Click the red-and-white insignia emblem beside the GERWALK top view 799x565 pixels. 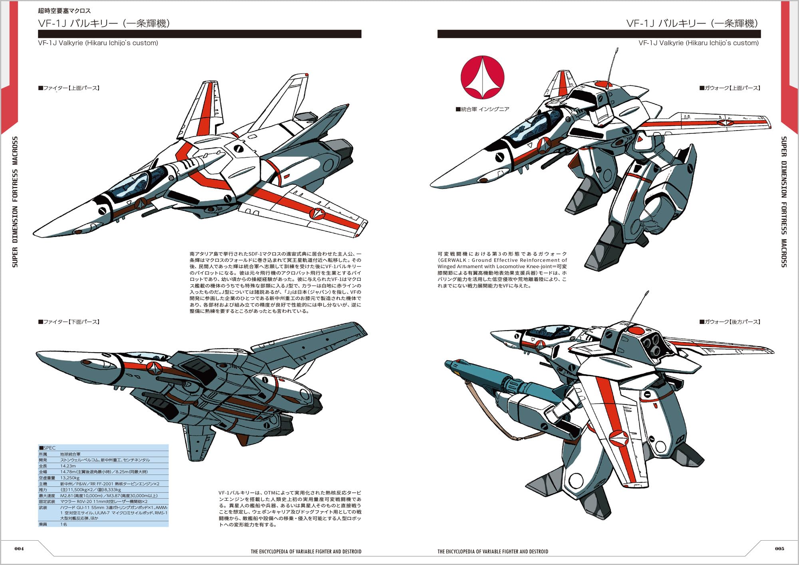pyautogui.click(x=482, y=77)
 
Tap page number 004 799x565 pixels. pyautogui.click(x=19, y=548)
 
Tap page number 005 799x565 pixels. pyautogui.click(x=779, y=548)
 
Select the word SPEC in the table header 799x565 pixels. pyautogui.click(x=50, y=448)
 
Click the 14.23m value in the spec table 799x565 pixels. pyautogui.click(x=68, y=466)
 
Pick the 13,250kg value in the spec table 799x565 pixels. pyautogui.click(x=70, y=478)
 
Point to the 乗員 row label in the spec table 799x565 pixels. pyautogui.click(x=43, y=524)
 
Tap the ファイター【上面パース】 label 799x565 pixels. pyautogui.click(x=69, y=88)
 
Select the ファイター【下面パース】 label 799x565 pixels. pyautogui.click(x=69, y=322)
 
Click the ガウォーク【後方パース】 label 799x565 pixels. pyautogui.click(x=729, y=322)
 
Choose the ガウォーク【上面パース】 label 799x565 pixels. pyautogui.click(x=729, y=88)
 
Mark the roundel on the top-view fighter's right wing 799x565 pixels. pyautogui.click(x=318, y=214)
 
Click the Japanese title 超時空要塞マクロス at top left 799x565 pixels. pyautogui.click(x=64, y=11)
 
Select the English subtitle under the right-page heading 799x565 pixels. pyautogui.click(x=698, y=43)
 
